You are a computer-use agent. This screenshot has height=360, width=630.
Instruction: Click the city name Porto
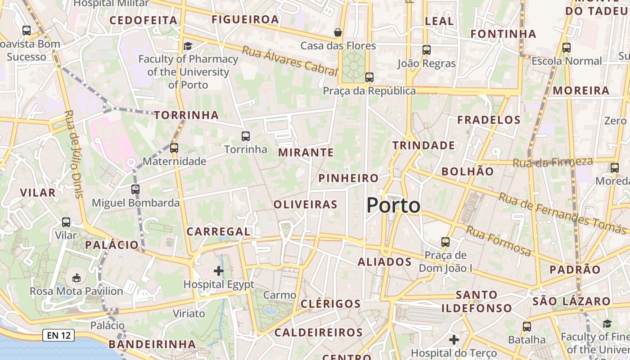coord(393,206)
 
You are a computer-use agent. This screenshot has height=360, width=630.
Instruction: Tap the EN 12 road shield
coord(58,335)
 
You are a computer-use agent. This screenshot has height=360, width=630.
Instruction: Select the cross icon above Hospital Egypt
coord(219,271)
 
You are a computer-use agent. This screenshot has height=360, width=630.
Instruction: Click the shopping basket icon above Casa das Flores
coord(337,32)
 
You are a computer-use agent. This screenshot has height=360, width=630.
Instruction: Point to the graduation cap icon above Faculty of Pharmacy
coord(188,46)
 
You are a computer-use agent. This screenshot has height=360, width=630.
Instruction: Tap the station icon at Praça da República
coord(369,77)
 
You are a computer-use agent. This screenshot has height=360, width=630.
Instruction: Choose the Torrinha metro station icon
coord(245,136)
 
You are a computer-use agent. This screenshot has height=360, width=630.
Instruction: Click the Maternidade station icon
coord(174,148)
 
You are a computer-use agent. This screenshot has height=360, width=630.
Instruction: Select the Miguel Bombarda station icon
coord(135,189)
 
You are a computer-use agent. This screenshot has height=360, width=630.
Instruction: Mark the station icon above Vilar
coord(66,222)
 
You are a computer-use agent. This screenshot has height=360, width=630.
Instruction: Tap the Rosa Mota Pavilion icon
coord(76,278)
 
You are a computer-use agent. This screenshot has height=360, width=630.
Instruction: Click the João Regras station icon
coord(427,50)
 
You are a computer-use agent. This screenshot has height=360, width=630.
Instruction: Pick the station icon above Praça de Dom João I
coord(445,242)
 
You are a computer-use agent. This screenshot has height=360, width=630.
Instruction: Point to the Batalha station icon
coord(527,327)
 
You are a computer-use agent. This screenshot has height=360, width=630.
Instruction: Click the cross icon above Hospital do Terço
coord(454,339)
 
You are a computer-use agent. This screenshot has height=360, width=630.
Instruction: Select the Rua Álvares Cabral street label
coord(289,60)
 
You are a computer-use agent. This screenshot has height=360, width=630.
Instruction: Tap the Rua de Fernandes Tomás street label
coord(562,213)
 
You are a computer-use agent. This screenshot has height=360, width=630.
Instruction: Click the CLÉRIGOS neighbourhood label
coord(331,304)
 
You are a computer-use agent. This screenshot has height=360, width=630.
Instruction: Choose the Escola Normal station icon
coord(567,47)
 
